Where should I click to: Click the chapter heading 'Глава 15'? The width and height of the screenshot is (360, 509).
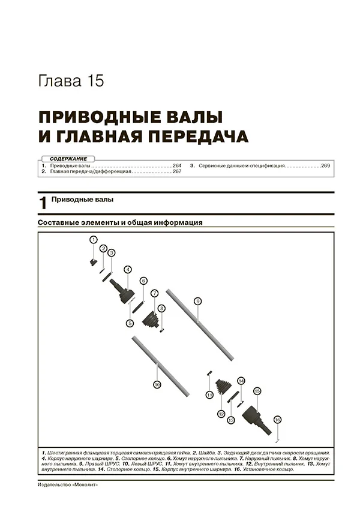(x=70, y=82)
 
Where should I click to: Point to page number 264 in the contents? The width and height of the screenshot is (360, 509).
(x=176, y=165)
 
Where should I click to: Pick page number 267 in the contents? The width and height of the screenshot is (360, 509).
(x=176, y=171)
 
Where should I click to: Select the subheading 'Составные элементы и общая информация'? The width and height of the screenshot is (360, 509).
(x=119, y=222)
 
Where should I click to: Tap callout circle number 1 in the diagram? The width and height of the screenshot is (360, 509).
(x=93, y=240)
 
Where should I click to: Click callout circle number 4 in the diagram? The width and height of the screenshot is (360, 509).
(x=127, y=269)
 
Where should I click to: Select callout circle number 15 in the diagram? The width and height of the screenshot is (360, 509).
(x=257, y=391)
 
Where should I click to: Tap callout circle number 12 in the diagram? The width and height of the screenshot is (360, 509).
(x=221, y=414)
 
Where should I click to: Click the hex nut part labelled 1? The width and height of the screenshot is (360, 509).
(x=93, y=262)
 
